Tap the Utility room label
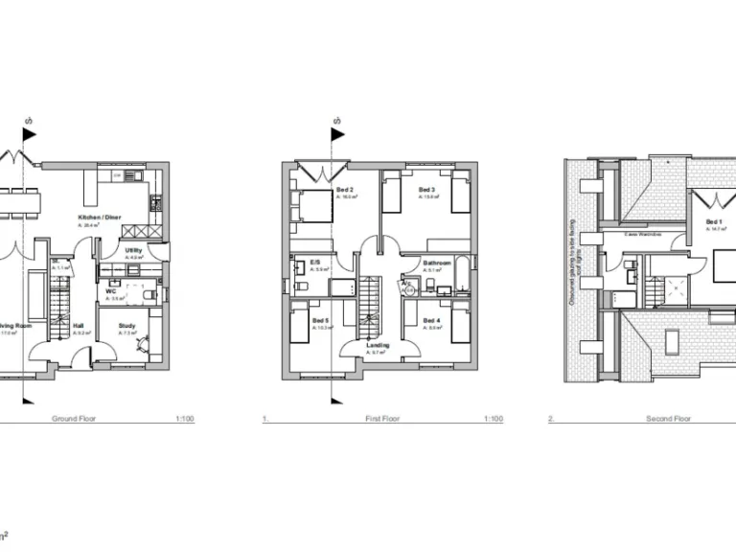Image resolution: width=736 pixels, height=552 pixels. tap(134, 251)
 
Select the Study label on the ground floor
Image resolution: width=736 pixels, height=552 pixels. tap(127, 327)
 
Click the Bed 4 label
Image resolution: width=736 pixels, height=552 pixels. tap(431, 320)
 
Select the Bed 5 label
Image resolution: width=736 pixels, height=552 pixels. tap(321, 320)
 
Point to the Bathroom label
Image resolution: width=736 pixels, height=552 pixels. tap(437, 262)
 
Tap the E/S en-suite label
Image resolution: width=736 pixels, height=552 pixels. tap(314, 262)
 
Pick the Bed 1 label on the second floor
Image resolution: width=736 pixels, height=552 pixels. tap(714, 222)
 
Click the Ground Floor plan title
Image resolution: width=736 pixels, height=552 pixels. tap(74, 419)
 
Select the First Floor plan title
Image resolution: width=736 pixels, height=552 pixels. tap(382, 419)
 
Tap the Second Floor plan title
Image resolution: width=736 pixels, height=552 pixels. tap(669, 419)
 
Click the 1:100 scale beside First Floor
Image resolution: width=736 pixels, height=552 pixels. tap(494, 419)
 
